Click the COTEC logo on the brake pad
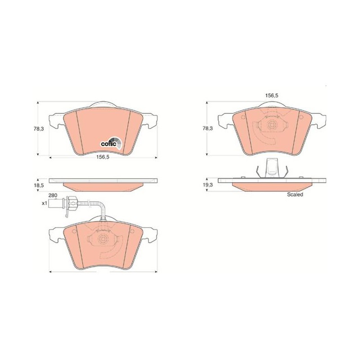[112, 143]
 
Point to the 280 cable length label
[53, 195]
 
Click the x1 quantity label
[44, 203]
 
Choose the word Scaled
[295, 194]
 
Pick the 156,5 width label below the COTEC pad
[103, 157]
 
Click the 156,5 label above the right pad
[272, 95]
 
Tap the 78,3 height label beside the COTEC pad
[39, 129]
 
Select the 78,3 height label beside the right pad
[207, 128]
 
